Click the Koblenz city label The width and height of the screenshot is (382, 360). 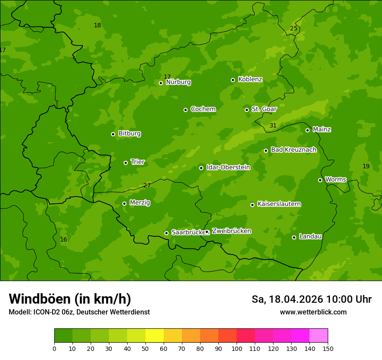250,79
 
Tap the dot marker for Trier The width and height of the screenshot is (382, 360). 125,163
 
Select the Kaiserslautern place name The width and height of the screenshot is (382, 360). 279,204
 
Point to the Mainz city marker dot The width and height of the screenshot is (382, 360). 307,130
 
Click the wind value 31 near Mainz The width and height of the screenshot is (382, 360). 273,125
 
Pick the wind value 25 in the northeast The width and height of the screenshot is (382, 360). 294,28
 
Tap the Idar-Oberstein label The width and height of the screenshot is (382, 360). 228,167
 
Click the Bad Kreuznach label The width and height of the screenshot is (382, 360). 293,150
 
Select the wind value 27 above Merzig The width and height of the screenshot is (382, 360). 147,185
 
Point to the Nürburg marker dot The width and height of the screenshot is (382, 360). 161,83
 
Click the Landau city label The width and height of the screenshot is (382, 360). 310,236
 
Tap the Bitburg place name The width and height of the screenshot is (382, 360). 129,134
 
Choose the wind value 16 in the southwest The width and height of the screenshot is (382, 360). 63,239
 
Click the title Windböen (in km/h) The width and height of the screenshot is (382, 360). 70,299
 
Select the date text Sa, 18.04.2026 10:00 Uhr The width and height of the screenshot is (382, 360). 311,299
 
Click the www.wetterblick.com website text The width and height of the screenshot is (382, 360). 313,312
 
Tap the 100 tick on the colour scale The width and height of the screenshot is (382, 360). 237,348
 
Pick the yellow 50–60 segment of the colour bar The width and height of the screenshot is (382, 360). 155,336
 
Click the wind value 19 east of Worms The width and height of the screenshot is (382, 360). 366,166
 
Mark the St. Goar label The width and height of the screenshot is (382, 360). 264,109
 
